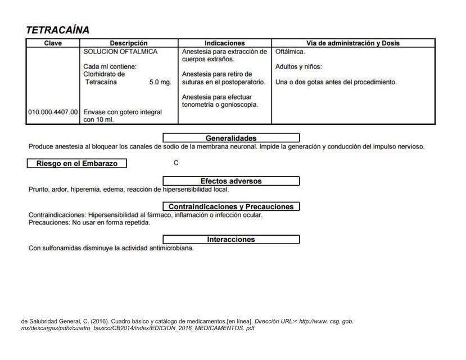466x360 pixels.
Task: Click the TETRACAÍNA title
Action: [x=57, y=30]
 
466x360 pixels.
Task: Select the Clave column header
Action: [x=53, y=43]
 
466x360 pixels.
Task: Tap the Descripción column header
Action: [x=129, y=43]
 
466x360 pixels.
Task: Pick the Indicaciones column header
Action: [x=224, y=43]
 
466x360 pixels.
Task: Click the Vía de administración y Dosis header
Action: [x=353, y=43]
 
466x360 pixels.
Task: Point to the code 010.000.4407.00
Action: [x=53, y=112]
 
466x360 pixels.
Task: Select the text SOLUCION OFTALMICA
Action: [x=120, y=52]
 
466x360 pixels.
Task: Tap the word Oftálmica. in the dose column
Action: [x=290, y=52]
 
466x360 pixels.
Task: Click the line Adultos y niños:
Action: [x=298, y=67]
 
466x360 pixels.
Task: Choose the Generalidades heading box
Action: [x=231, y=138]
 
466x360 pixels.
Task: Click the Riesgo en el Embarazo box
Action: [x=77, y=164]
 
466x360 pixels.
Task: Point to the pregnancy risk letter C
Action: [x=176, y=163]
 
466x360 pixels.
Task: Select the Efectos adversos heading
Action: [x=231, y=181]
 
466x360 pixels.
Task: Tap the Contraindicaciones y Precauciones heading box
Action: [x=231, y=206]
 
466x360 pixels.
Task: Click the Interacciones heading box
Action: [x=231, y=240]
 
